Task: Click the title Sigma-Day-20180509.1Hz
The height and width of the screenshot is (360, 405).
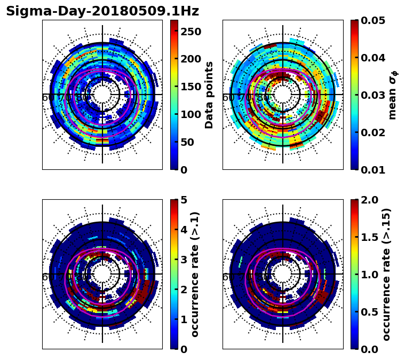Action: tap(102, 11)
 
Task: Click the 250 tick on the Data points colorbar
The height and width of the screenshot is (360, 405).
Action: tap(190, 32)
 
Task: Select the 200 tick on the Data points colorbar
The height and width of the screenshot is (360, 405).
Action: tap(190, 59)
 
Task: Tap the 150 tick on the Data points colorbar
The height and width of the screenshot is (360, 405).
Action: tap(190, 87)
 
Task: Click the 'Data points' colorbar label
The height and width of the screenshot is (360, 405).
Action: tap(209, 95)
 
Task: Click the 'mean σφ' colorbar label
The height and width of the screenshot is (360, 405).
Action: tap(393, 95)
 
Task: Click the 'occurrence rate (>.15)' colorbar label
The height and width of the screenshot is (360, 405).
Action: tap(386, 275)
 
